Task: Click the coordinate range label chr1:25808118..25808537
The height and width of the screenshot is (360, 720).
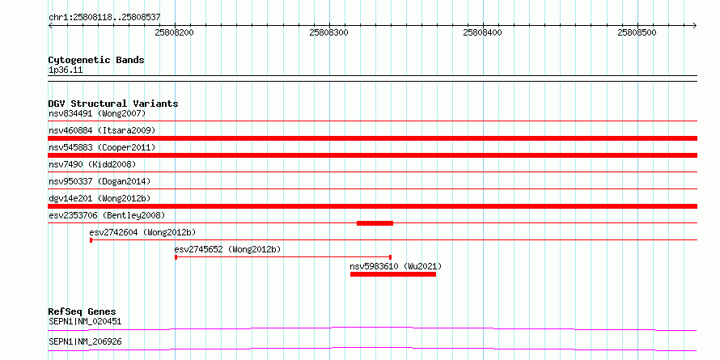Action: [104, 18]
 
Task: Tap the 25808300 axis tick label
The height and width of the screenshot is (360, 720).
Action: [328, 32]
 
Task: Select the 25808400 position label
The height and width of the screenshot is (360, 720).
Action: [483, 32]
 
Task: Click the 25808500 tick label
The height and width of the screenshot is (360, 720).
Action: [637, 32]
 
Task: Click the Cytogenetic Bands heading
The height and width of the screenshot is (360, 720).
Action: [96, 60]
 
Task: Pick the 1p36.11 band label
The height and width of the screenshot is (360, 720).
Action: [66, 70]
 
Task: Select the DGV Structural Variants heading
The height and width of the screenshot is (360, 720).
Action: [113, 104]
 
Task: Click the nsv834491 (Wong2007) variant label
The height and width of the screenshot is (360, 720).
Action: [97, 113]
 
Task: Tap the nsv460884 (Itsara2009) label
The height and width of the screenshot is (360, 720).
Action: [102, 130]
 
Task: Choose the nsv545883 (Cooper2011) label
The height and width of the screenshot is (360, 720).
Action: [102, 147]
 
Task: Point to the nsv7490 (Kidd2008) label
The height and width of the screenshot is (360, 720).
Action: [92, 164]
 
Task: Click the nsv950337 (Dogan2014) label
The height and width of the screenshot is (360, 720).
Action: [100, 181]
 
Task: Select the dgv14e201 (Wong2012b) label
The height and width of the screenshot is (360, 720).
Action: [100, 198]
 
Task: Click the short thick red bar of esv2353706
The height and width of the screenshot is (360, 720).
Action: [375, 223]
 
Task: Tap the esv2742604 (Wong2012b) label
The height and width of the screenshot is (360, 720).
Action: [143, 232]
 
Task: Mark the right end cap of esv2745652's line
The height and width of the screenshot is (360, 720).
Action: [390, 257]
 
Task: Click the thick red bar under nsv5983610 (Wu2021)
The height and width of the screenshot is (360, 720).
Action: [393, 274]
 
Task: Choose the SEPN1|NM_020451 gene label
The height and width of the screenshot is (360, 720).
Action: [85, 321]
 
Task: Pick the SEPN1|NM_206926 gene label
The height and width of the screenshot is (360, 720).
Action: [85, 342]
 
